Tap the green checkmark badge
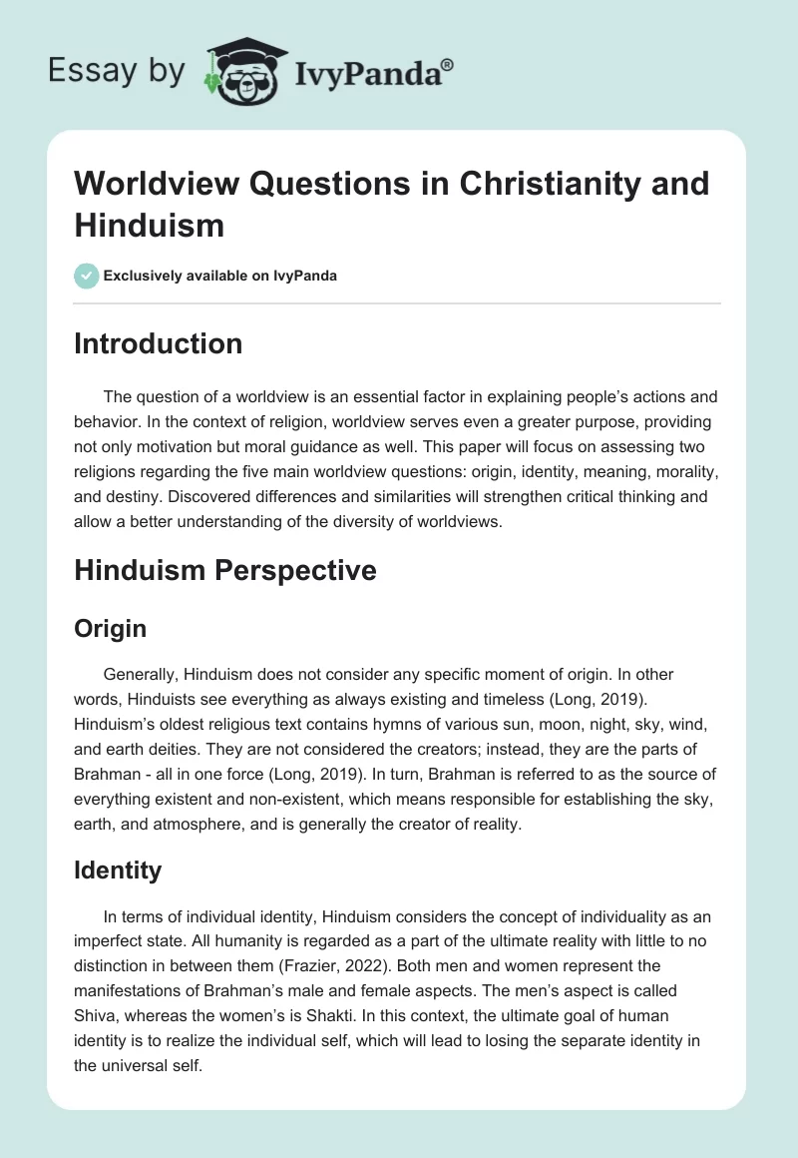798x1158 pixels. point(87,276)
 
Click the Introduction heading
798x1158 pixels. point(159,343)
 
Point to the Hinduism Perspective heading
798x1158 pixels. point(225,570)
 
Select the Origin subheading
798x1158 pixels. point(111,628)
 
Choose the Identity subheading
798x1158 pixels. point(118,869)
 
